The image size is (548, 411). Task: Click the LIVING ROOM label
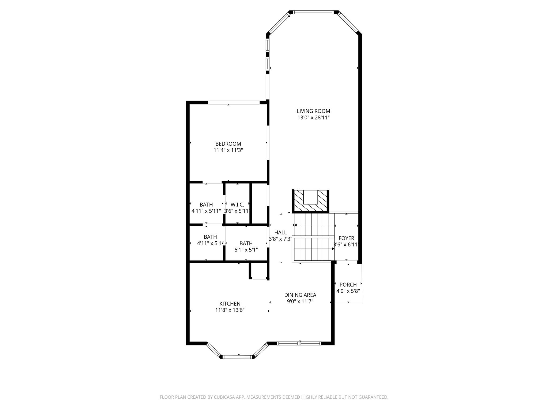313,111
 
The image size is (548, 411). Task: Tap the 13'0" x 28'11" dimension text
313,118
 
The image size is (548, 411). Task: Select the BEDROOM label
228,144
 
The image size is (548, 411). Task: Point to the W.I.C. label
237,205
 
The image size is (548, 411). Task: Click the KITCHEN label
230,304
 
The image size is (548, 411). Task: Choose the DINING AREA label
300,295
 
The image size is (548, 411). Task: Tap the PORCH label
348,285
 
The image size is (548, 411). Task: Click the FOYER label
346,238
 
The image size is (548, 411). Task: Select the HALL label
280,233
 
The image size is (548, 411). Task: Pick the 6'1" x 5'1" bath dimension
246,250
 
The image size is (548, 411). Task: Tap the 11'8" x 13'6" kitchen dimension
230,310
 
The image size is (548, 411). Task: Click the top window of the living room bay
314,12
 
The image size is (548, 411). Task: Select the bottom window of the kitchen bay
237,357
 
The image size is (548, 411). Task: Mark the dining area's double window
299,343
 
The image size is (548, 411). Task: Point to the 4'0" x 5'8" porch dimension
348,291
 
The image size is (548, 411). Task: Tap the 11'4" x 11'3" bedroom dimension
228,150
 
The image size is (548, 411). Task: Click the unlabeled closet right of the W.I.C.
259,203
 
